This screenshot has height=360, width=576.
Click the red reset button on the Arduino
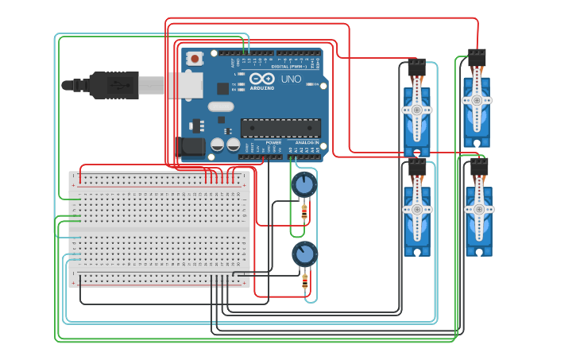point(195,58)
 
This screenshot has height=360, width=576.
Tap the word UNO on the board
point(291,79)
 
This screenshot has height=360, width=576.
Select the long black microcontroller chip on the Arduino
point(280,127)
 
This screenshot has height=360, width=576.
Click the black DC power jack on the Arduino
point(191,146)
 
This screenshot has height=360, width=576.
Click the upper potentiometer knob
point(303,185)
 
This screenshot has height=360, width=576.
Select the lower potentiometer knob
point(303,254)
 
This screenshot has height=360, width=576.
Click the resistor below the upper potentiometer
point(304,212)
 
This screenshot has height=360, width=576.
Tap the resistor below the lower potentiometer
point(304,281)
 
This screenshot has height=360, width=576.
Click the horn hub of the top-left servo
point(416,110)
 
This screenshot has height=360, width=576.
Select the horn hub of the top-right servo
point(477,101)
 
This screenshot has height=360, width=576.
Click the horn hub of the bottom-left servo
point(416,209)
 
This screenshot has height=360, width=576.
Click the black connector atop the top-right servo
point(477,56)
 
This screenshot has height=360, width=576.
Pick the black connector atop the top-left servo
point(416,67)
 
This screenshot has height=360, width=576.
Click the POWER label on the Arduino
point(273,142)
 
